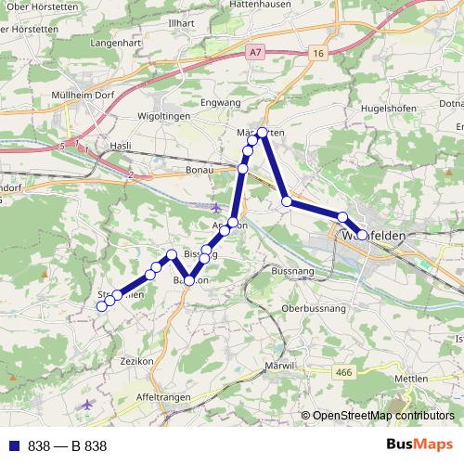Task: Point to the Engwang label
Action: point(221,102)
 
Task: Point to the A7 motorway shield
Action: point(256,55)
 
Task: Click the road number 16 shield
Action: point(317,55)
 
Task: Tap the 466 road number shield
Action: point(344,372)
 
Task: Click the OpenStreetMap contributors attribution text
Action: point(377,416)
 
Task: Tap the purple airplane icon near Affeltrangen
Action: point(88,404)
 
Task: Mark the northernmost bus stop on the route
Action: point(263,133)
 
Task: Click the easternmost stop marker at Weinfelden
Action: point(363,236)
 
